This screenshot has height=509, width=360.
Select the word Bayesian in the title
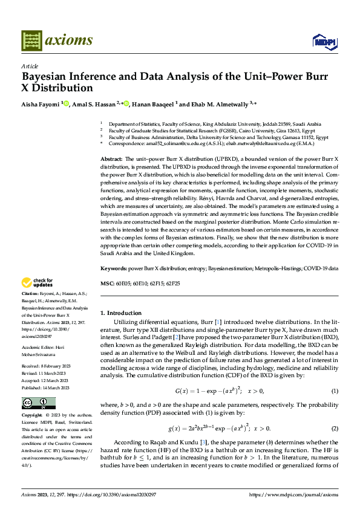pyautogui.click(x=46, y=77)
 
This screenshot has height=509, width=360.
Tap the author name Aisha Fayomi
pyautogui.click(x=41, y=104)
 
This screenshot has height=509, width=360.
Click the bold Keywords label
pyautogui.click(x=113, y=267)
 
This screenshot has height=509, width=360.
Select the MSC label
pyautogui.click(x=106, y=284)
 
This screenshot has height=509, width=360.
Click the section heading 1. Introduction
pyautogui.click(x=120, y=313)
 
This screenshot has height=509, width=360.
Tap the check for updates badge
pyautogui.click(x=37, y=282)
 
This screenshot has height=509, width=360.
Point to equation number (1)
pyautogui.click(x=335, y=374)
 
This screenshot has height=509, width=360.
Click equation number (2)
pyautogui.click(x=335, y=412)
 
